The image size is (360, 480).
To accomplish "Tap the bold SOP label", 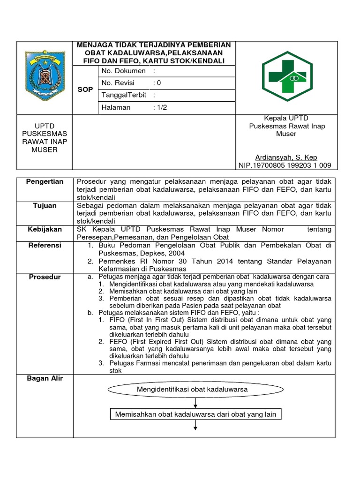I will pyautogui.click(x=84, y=89).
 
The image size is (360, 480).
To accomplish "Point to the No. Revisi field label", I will pyautogui.click(x=118, y=83).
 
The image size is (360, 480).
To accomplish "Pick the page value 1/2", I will pyautogui.click(x=160, y=107).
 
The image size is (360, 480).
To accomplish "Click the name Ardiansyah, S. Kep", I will pyautogui.click(x=286, y=157).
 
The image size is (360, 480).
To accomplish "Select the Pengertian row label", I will pyautogui.click(x=45, y=181).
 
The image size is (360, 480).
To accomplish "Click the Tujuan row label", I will pyautogui.click(x=45, y=206).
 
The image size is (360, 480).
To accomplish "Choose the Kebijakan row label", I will pyautogui.click(x=45, y=229).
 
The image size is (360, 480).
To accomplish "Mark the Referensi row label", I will pyautogui.click(x=45, y=245).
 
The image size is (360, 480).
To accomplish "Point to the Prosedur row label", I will pyautogui.click(x=45, y=277).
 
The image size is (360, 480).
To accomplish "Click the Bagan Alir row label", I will pyautogui.click(x=45, y=378).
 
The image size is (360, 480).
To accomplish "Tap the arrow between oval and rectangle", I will pyautogui.click(x=195, y=402).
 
